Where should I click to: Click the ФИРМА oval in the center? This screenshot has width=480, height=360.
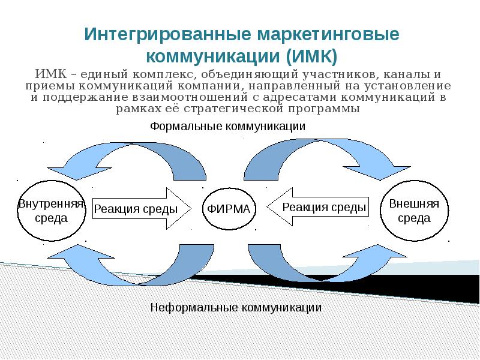[x=229, y=209]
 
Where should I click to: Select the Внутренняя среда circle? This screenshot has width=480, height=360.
[x=51, y=210]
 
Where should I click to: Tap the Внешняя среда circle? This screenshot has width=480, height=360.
[x=414, y=210]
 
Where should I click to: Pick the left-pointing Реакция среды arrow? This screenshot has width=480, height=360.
[x=318, y=208]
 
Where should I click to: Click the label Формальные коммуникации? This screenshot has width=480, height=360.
[x=227, y=127]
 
